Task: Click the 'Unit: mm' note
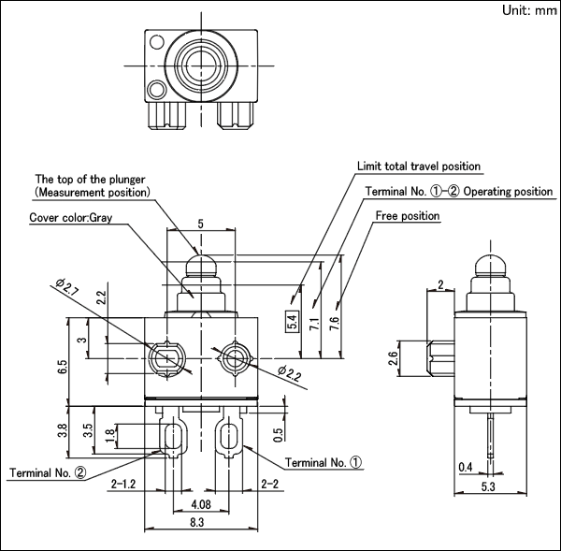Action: point(529,10)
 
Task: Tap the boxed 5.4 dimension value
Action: point(293,322)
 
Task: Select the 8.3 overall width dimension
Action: point(197,522)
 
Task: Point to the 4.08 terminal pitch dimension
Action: point(201,504)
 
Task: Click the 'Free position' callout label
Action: point(408,216)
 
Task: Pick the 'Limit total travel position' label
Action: point(419,167)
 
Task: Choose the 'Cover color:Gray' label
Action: point(70,218)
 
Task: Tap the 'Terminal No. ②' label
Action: point(48,473)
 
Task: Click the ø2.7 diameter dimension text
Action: point(67,287)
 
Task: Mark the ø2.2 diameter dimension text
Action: point(290,374)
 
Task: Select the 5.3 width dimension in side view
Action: point(488,486)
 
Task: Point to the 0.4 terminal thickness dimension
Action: point(466,467)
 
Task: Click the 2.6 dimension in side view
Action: point(393,358)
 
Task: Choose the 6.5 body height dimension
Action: point(62,368)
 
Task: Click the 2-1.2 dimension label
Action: point(123,484)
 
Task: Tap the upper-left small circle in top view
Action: point(156,42)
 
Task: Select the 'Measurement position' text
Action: point(93,193)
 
